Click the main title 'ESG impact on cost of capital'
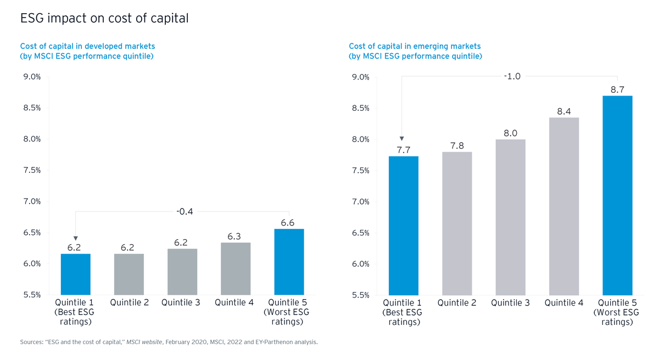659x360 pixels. pyautogui.click(x=104, y=19)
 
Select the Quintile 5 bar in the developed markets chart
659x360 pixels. pyautogui.click(x=289, y=262)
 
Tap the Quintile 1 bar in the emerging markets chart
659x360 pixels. pyautogui.click(x=404, y=226)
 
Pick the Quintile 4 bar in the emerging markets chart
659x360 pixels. pyautogui.click(x=564, y=206)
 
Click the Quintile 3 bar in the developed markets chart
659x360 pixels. pyautogui.click(x=182, y=272)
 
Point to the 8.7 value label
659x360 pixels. pyautogui.click(x=617, y=89)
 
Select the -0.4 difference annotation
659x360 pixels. pyautogui.click(x=184, y=211)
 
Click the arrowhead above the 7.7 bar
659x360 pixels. pyautogui.click(x=402, y=138)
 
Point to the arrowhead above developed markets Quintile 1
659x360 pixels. pyautogui.click(x=75, y=238)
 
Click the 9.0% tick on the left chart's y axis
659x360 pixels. pyautogui.click(x=31, y=77)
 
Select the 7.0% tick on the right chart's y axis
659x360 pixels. pyautogui.click(x=360, y=202)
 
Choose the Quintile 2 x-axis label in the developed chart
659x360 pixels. pyautogui.click(x=129, y=302)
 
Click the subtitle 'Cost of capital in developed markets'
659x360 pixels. pyautogui.click(x=87, y=47)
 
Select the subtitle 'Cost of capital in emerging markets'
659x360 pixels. pyautogui.click(x=415, y=47)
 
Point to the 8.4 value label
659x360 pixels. pyautogui.click(x=564, y=111)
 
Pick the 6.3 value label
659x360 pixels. pyautogui.click(x=235, y=237)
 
